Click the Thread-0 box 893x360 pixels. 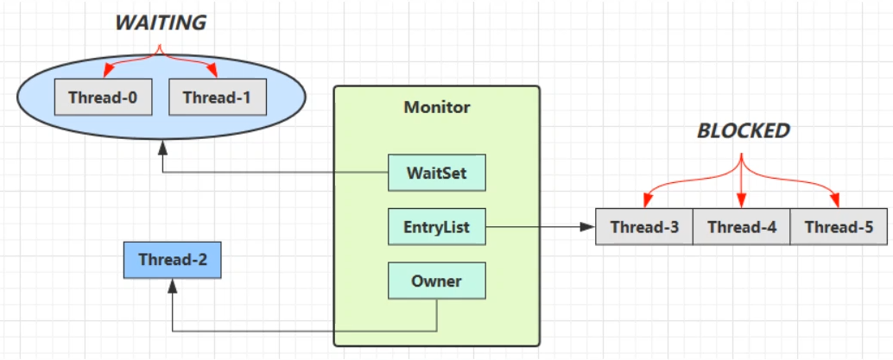[x=103, y=98]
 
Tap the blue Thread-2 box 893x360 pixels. [x=172, y=260]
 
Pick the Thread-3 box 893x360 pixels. [x=644, y=228]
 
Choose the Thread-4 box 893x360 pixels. [x=741, y=228]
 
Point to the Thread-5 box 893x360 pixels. [x=838, y=228]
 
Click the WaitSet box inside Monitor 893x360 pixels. [x=437, y=173]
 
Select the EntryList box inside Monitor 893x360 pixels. [x=436, y=228]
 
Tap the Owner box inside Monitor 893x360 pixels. [x=436, y=281]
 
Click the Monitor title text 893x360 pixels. [x=437, y=108]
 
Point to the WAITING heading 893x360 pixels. [x=161, y=22]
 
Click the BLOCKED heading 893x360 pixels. [x=743, y=131]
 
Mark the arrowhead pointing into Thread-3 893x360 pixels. [x=590, y=228]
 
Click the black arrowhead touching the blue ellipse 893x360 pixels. [x=161, y=148]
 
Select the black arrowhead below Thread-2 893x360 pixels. [x=172, y=285]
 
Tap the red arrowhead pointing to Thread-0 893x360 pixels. [x=104, y=73]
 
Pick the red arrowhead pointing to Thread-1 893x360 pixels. [x=213, y=73]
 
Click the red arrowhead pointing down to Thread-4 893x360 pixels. [x=741, y=202]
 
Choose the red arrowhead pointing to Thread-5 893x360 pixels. [x=836, y=202]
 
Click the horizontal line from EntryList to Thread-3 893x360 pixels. [x=535, y=228]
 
